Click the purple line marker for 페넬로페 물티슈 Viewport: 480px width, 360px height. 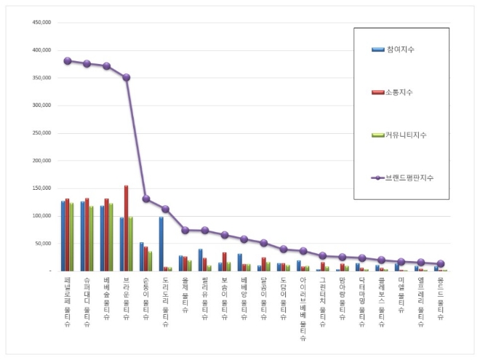click(x=68, y=61)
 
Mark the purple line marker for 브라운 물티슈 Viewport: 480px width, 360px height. click(x=127, y=77)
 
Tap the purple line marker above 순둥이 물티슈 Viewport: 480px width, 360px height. click(x=146, y=199)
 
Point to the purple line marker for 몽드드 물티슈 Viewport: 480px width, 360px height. click(x=441, y=264)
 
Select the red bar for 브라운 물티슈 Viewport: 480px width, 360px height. click(x=127, y=228)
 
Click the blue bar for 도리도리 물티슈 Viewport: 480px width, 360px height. click(x=161, y=244)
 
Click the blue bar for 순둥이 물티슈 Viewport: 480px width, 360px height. click(x=141, y=256)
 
